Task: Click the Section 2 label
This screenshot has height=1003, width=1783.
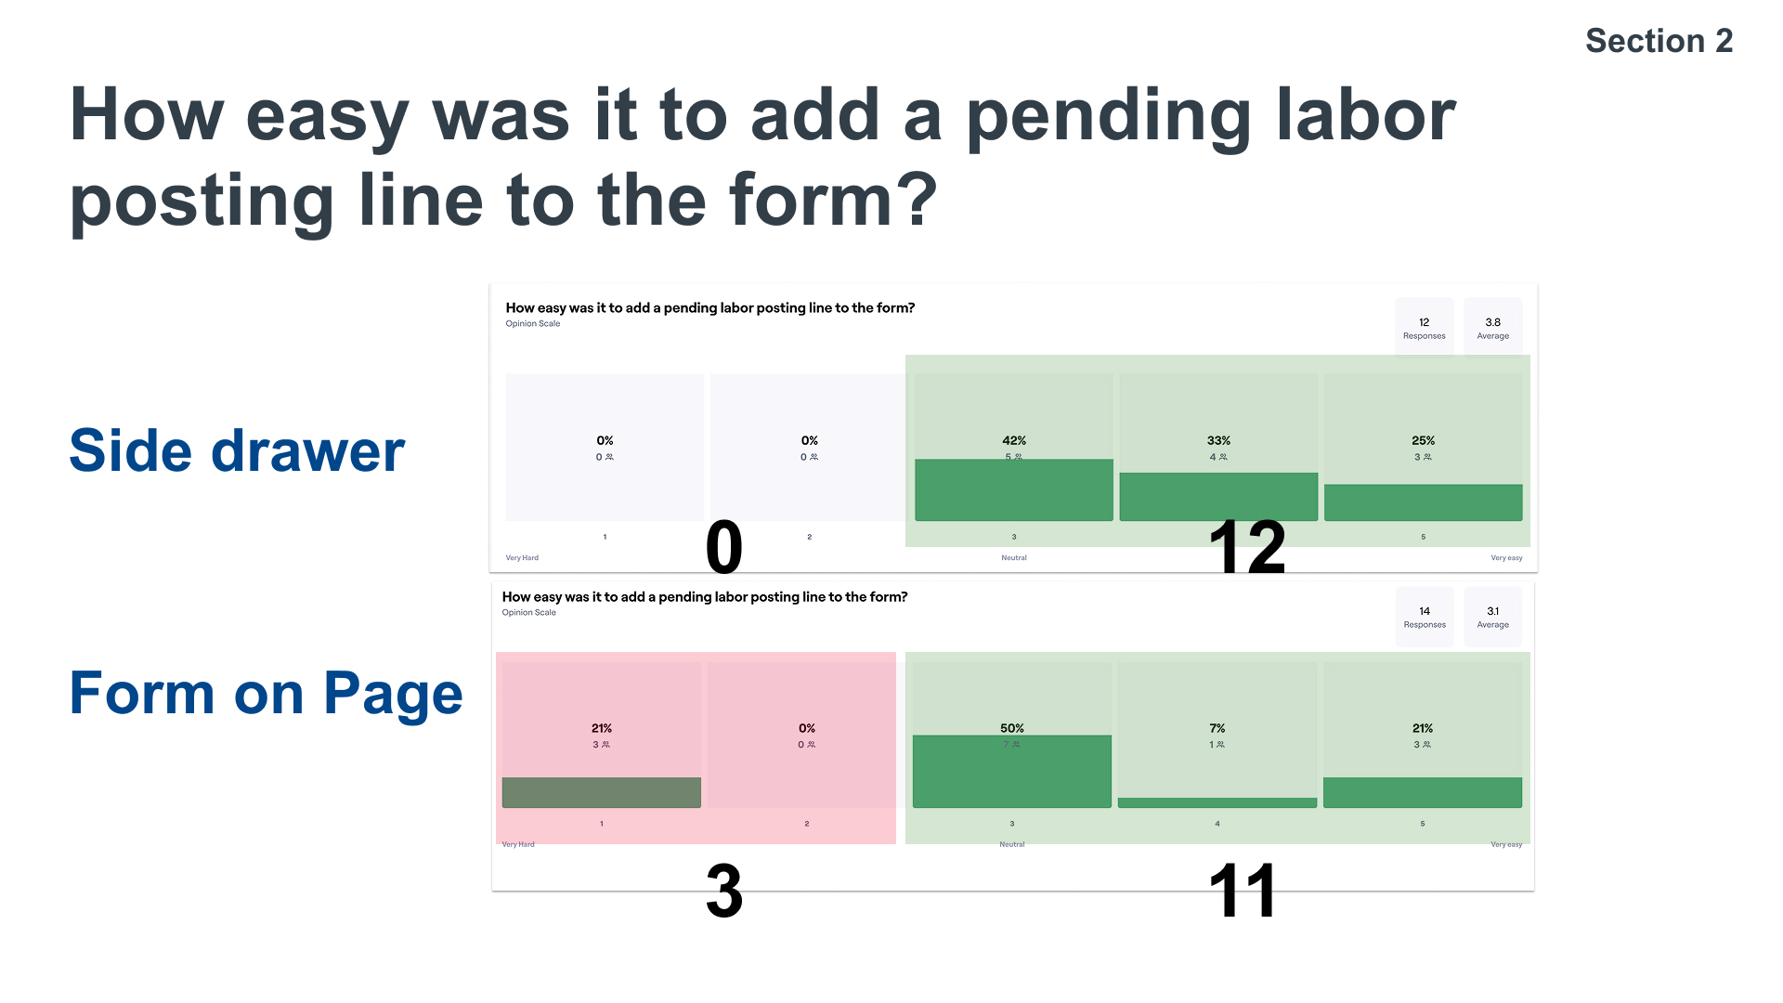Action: point(1659,41)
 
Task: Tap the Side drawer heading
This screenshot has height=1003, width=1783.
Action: point(237,451)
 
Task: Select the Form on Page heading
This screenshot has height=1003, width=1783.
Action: point(266,694)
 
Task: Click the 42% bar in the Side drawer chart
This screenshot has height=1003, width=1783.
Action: point(1013,489)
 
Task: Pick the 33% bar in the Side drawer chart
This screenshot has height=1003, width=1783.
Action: point(1218,496)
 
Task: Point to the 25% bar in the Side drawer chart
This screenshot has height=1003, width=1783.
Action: point(1423,502)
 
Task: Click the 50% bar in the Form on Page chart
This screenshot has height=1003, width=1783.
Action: point(1011,771)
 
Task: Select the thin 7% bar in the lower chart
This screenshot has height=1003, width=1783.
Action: point(1217,802)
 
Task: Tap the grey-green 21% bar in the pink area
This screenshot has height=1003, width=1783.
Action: point(601,792)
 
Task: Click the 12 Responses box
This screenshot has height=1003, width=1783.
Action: point(1424,328)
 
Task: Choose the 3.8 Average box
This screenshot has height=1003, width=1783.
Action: point(1492,328)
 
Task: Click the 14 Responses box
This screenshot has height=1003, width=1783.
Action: point(1424,617)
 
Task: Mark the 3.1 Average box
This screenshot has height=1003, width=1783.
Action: point(1492,617)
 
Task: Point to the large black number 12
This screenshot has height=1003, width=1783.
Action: point(1247,548)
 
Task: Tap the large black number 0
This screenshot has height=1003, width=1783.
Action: point(724,548)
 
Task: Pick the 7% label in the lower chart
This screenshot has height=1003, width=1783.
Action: point(1217,728)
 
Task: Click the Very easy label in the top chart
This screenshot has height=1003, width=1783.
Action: point(1505,558)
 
